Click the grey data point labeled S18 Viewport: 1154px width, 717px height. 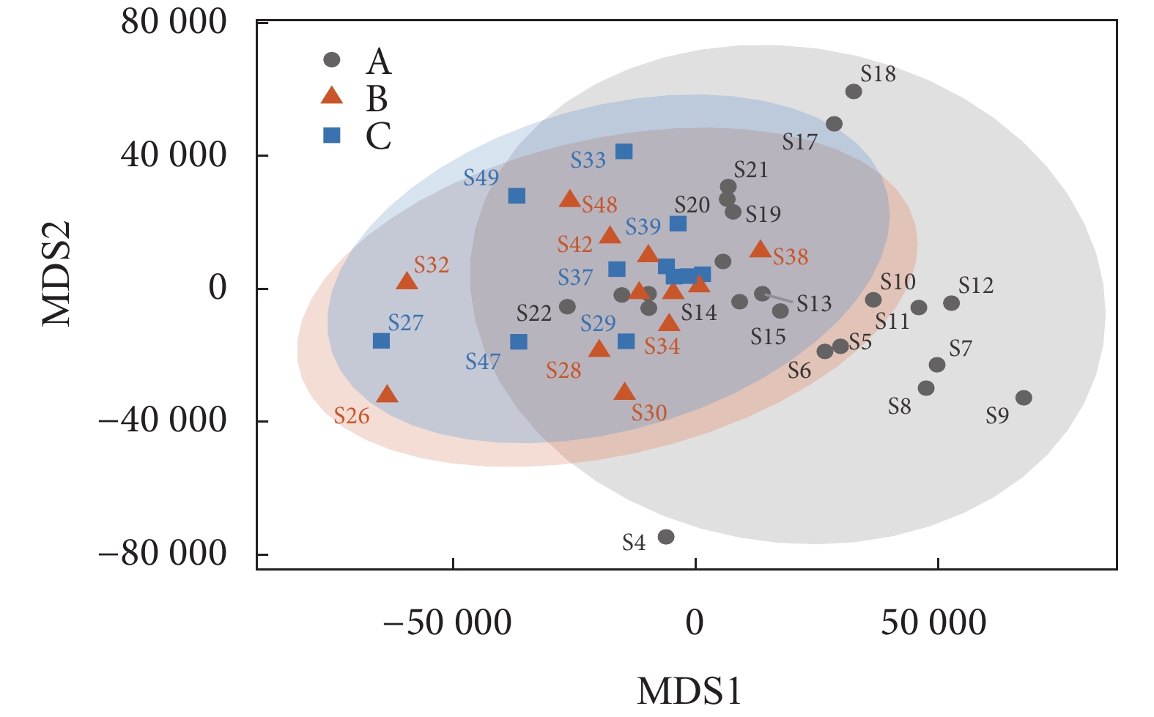click(854, 92)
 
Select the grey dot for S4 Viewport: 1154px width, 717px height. click(666, 537)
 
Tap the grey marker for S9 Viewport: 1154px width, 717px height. click(1024, 398)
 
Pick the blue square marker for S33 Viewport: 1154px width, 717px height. click(624, 152)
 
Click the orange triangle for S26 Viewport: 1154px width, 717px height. click(387, 395)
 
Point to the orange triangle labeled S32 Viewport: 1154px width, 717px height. click(407, 281)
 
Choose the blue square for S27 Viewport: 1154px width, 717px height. click(381, 341)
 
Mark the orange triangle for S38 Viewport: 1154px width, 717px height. click(761, 250)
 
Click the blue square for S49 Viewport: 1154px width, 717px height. click(517, 196)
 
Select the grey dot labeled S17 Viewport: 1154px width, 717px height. click(834, 124)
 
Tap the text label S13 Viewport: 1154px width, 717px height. click(814, 303)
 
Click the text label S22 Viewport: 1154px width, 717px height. click(533, 313)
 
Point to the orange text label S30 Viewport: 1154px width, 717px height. click(649, 413)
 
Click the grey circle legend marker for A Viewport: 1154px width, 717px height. click(333, 59)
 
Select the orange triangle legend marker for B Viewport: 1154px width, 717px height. click(333, 96)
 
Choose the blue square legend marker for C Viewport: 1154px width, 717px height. click(333, 135)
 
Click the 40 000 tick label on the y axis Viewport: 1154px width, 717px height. click(174, 155)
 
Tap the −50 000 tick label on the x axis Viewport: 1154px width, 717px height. click(447, 623)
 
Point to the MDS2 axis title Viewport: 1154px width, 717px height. click(57, 273)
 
